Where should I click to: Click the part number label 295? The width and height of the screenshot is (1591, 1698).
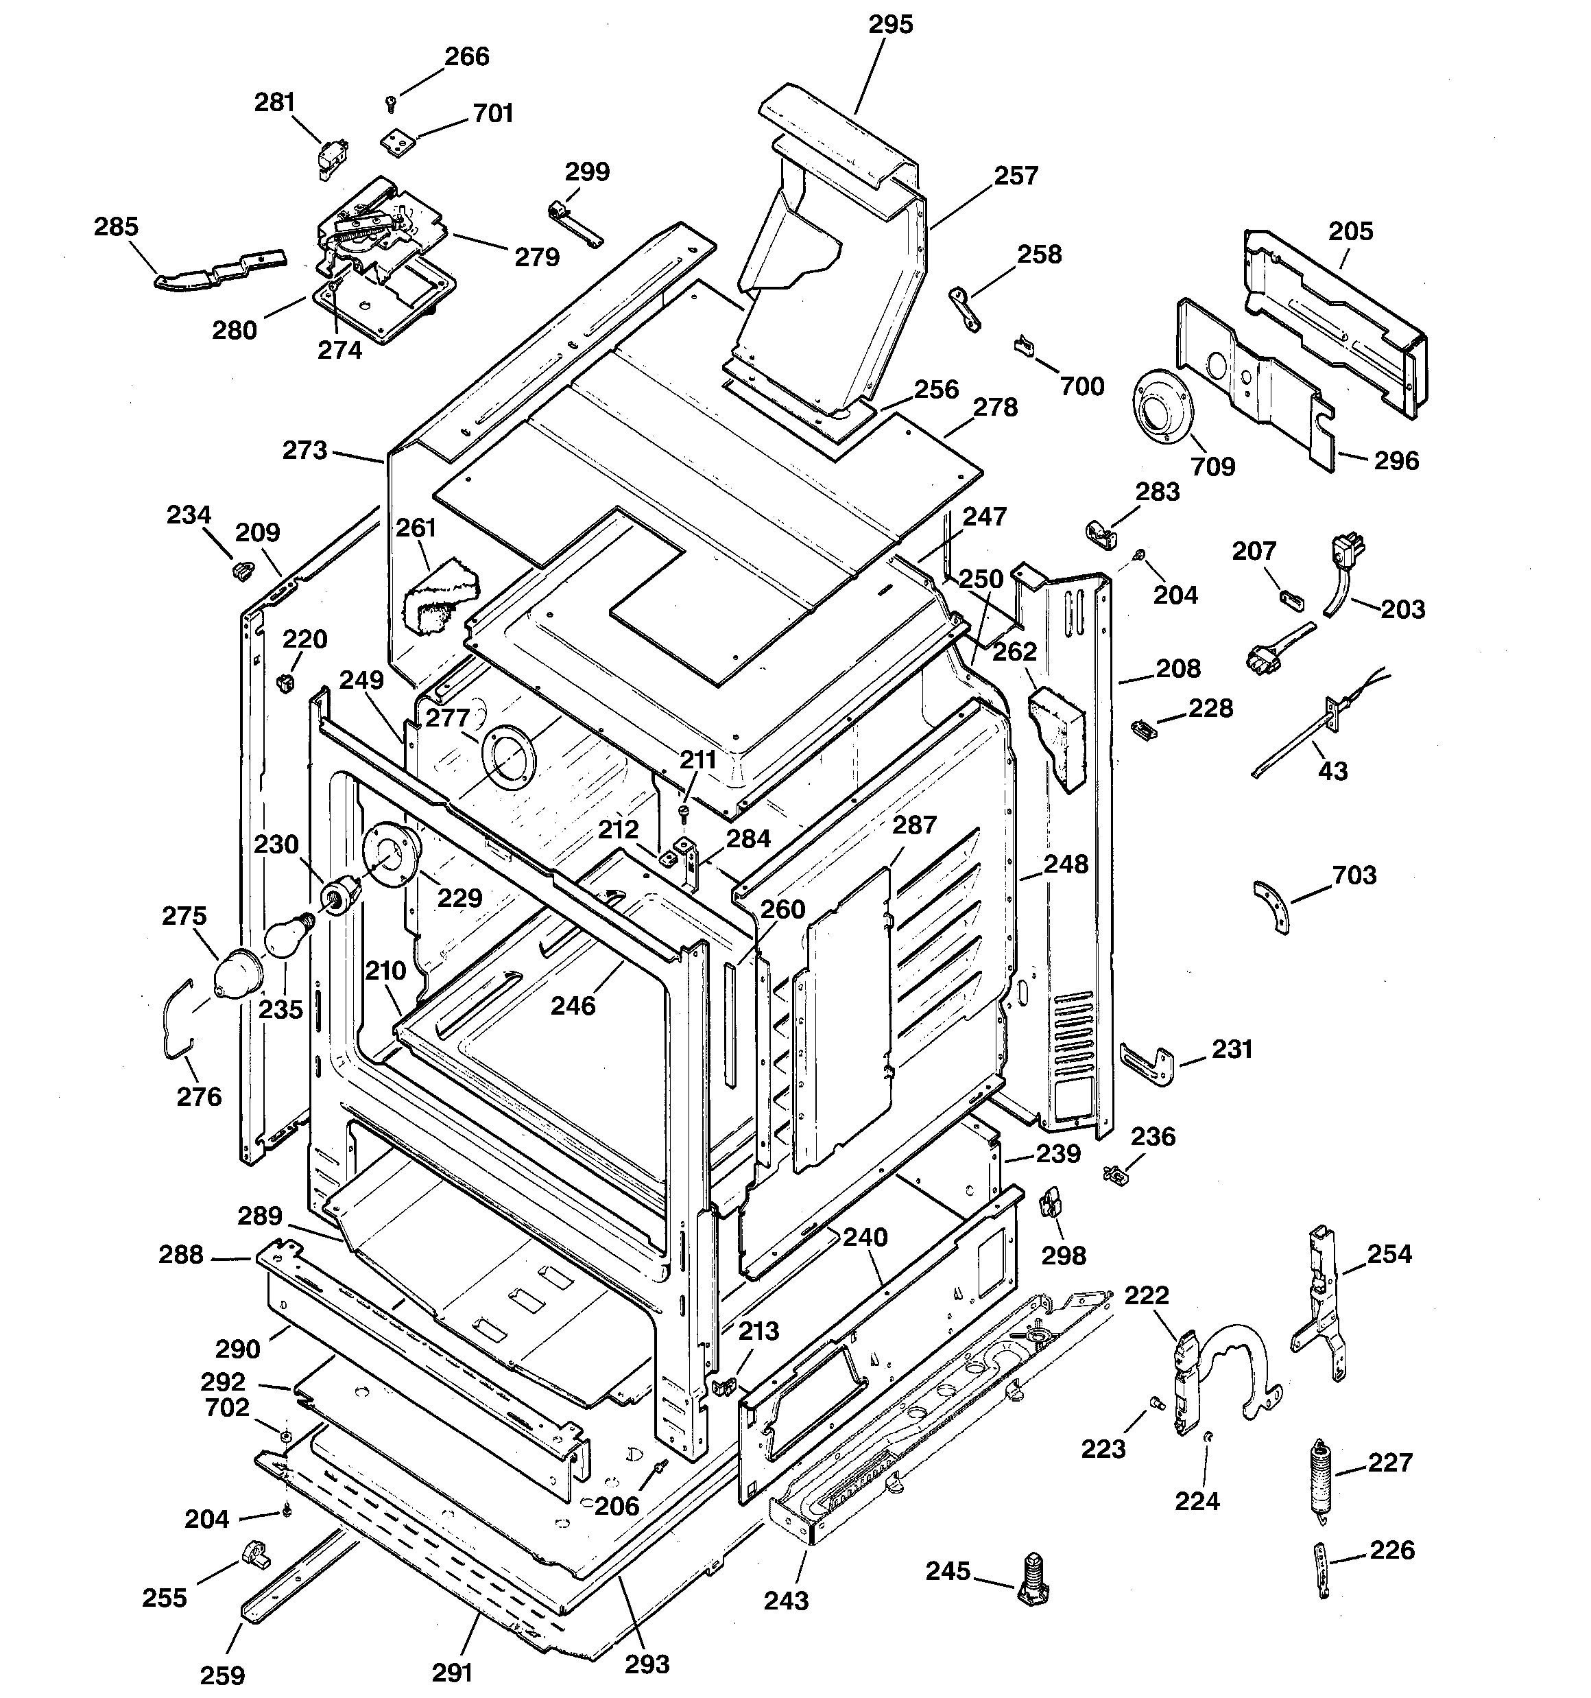pos(891,25)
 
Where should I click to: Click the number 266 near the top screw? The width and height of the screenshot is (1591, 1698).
pos(467,56)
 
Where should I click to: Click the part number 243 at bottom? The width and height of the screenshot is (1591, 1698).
pos(786,1600)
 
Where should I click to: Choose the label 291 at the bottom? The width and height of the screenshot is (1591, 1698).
pos(452,1671)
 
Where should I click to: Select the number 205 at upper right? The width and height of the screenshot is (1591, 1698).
pos(1351,231)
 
